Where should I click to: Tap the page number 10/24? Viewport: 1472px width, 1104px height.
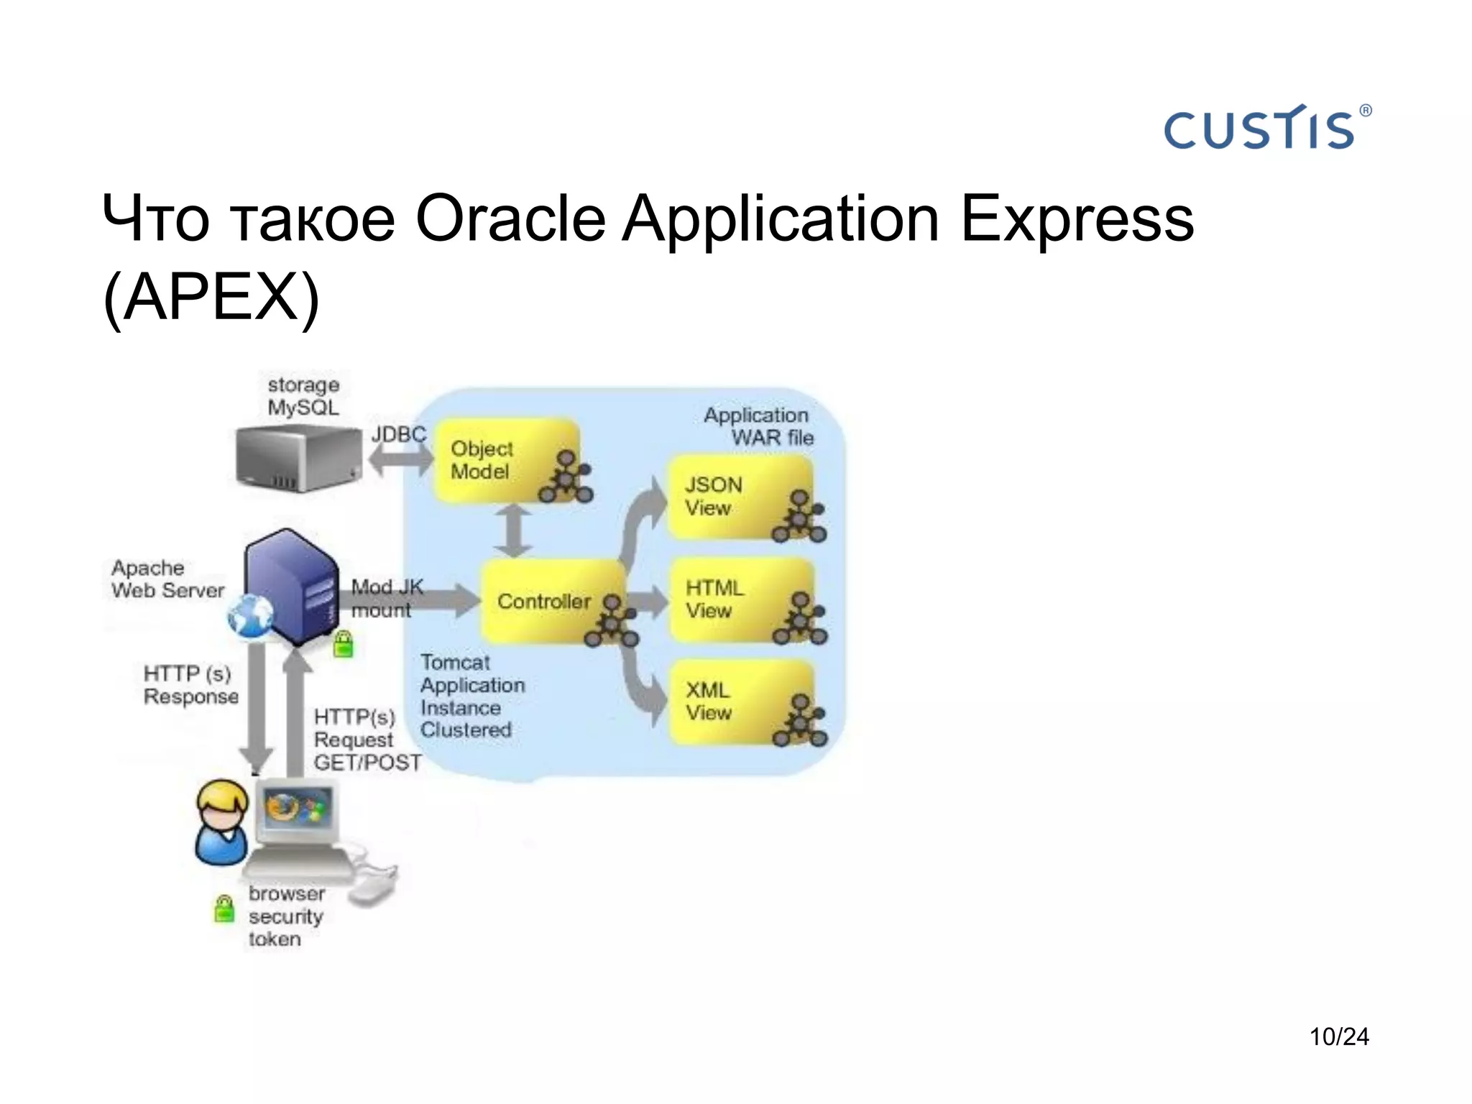point(1338,1036)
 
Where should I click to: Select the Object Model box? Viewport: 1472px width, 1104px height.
point(507,461)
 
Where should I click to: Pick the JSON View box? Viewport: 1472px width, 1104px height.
point(740,497)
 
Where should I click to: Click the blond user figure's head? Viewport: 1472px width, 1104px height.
point(222,804)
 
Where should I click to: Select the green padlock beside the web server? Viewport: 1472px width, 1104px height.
point(344,644)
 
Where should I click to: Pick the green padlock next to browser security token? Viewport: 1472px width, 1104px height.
point(225,908)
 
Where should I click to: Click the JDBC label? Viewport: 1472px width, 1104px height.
point(399,434)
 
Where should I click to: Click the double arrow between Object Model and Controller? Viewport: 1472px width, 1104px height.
point(513,531)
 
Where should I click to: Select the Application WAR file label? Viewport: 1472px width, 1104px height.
point(758,425)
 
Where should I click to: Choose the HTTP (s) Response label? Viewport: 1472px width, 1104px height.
point(190,684)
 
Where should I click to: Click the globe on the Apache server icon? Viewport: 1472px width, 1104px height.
point(250,617)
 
